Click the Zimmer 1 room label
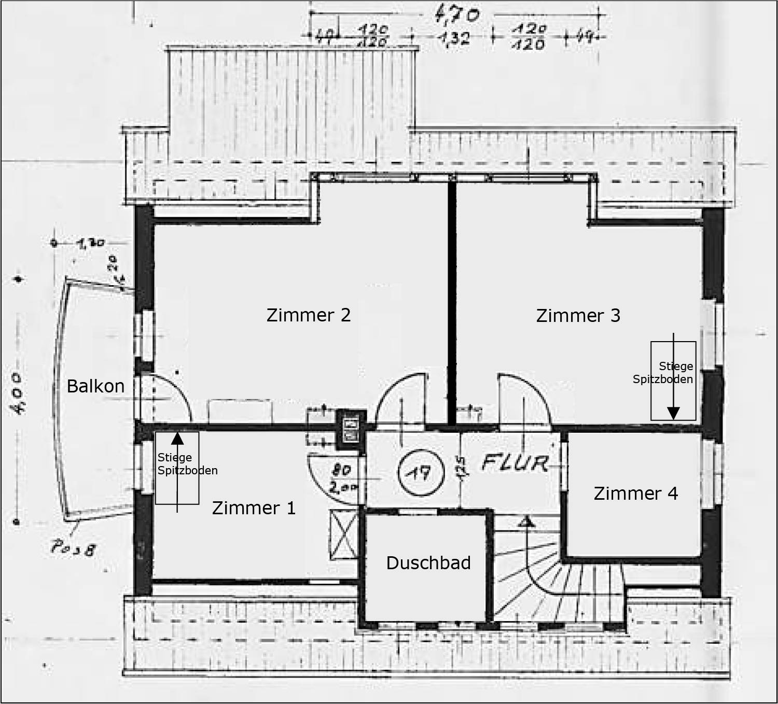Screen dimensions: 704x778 point(254,508)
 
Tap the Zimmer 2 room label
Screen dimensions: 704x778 point(309,315)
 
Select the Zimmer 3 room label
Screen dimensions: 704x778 point(578,316)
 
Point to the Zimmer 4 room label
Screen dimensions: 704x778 point(635,494)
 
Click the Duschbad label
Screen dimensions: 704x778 point(428,563)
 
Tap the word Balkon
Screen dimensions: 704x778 point(95,386)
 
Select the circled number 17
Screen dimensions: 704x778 point(421,472)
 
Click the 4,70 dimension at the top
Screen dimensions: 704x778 point(456,16)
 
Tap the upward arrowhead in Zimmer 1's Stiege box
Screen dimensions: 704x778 point(177,439)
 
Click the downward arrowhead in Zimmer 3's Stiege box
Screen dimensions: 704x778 point(673,413)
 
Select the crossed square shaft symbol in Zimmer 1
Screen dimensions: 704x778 point(343,534)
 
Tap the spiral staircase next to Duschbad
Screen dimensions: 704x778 point(555,575)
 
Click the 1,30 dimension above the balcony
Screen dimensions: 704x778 point(91,243)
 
